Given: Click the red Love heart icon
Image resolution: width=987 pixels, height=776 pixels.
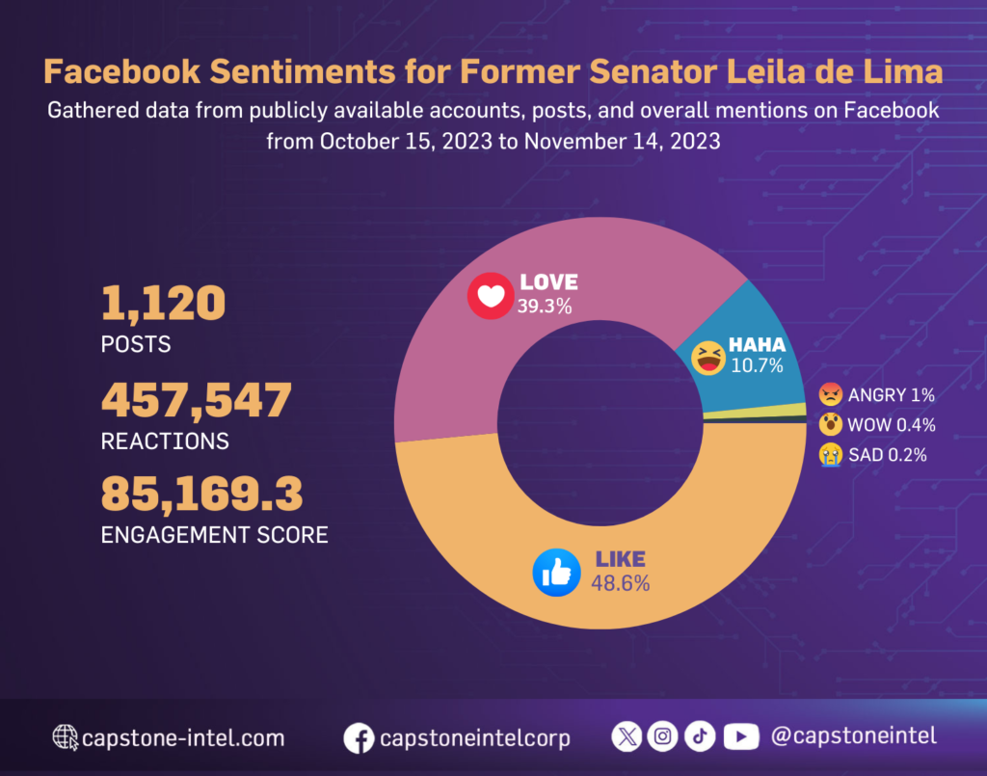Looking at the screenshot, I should [x=491, y=296].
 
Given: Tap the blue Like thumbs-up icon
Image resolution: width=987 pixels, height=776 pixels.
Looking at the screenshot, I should [x=556, y=573].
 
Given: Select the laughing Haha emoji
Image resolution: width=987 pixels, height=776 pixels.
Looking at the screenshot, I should [x=708, y=357].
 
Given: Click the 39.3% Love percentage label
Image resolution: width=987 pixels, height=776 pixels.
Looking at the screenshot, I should [x=546, y=308].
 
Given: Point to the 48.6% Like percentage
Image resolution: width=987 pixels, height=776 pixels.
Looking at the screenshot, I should [x=622, y=583].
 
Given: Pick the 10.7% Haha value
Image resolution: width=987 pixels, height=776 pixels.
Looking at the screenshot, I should [x=756, y=365].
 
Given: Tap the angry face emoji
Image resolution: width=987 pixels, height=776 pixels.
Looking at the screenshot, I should [x=830, y=394].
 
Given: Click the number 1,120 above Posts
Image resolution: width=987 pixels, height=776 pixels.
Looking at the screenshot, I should [x=163, y=305].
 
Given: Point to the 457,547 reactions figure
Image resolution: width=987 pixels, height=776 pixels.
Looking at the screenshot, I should [x=196, y=400].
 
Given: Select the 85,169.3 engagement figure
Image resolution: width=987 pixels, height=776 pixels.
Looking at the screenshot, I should [x=201, y=494].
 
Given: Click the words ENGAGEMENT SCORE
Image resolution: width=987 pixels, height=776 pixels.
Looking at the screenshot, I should [x=214, y=534].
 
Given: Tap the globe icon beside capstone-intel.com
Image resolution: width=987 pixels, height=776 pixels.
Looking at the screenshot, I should [x=66, y=738].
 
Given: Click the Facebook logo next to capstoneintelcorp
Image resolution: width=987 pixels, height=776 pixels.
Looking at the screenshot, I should [x=359, y=738].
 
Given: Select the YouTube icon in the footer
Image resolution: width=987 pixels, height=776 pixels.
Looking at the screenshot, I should [x=740, y=736].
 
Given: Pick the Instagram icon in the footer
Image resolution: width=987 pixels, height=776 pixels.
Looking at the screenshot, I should [x=663, y=736].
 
